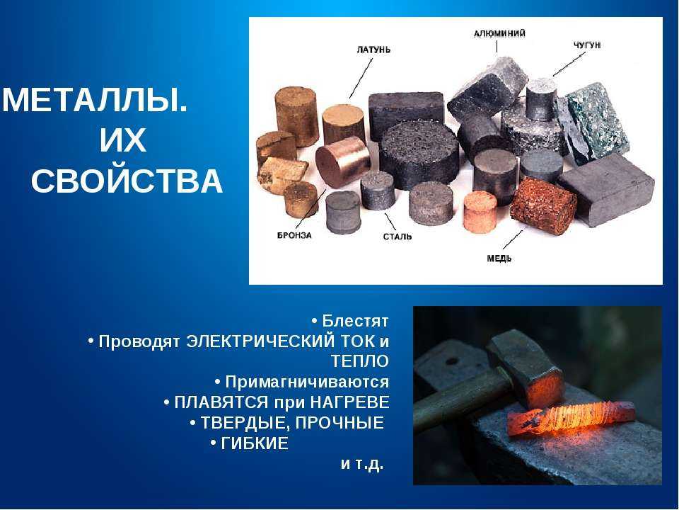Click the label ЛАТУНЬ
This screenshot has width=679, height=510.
[373, 50]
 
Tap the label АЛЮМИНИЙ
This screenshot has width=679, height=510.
[499, 33]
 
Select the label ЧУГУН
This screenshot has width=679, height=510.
[587, 45]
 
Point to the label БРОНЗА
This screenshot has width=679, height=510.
[294, 235]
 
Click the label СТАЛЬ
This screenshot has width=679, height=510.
[397, 237]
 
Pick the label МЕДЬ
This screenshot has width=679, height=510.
[499, 259]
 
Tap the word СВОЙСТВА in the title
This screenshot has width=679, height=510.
[127, 181]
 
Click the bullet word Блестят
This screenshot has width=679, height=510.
[355, 321]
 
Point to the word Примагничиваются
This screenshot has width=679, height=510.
[307, 382]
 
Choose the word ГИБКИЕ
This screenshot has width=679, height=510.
[254, 443]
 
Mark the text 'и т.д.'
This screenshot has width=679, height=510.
[362, 464]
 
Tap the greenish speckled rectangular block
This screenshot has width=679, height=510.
[598, 121]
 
